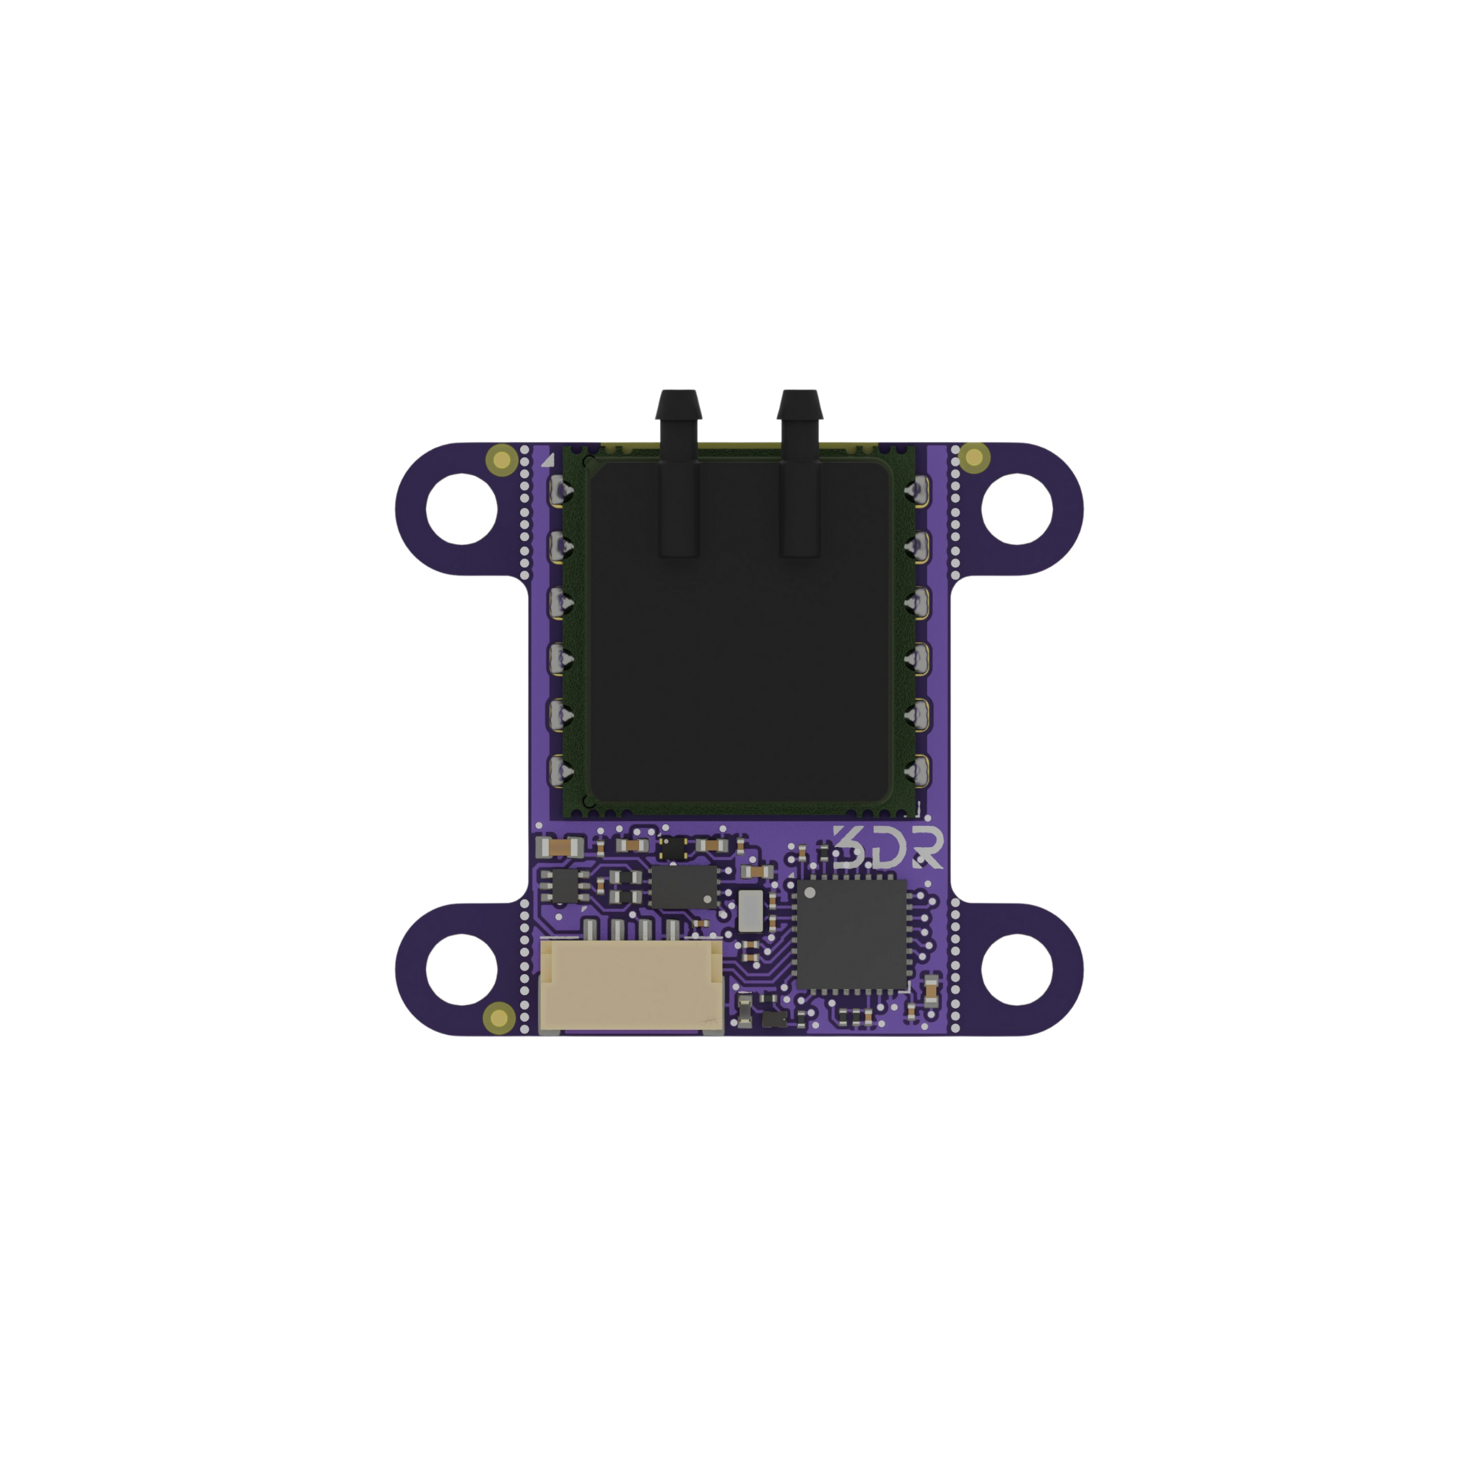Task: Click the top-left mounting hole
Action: coord(461,509)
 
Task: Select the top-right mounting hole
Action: coord(1017,509)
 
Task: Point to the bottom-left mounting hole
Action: coord(461,969)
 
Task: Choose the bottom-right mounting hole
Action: coord(1017,969)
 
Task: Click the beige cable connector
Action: coord(630,986)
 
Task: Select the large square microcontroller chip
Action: coord(851,934)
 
